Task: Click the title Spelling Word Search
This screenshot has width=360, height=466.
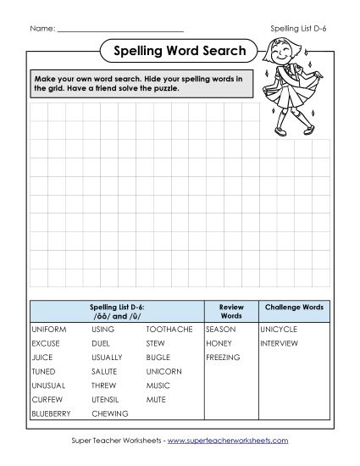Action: pyautogui.click(x=180, y=51)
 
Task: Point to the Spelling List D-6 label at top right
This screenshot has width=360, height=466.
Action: pyautogui.click(x=298, y=28)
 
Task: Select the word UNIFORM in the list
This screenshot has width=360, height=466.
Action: pyautogui.click(x=48, y=329)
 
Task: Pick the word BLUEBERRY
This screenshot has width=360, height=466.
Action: pyautogui.click(x=51, y=413)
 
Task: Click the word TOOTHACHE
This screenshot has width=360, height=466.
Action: pyautogui.click(x=169, y=329)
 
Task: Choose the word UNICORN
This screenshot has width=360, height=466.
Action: pyautogui.click(x=163, y=371)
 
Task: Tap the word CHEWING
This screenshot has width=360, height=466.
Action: pyautogui.click(x=110, y=413)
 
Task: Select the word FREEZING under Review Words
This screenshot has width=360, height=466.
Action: pyautogui.click(x=223, y=358)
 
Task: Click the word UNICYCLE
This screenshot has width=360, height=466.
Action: pyautogui.click(x=280, y=329)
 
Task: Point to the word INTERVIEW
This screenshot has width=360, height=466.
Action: pyautogui.click(x=280, y=343)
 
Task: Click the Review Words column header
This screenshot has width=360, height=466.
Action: pyautogui.click(x=230, y=310)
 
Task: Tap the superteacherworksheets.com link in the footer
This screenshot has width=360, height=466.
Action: pyautogui.click(x=228, y=441)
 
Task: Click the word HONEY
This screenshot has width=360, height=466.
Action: pyautogui.click(x=218, y=343)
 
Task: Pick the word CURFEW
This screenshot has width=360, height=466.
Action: pyautogui.click(x=46, y=399)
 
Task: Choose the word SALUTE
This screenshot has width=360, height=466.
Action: pyautogui.click(x=106, y=371)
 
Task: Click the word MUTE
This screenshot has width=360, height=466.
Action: pyautogui.click(x=156, y=399)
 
